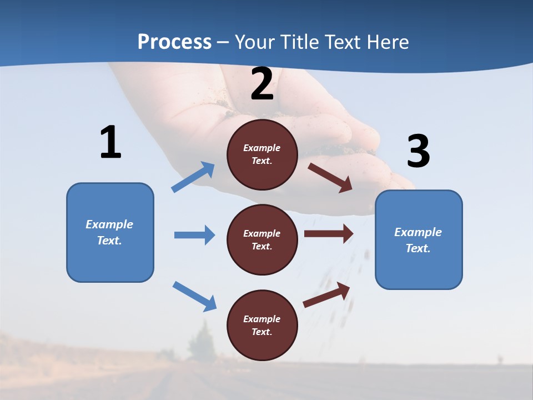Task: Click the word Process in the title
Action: [x=174, y=42]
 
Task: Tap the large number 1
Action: [x=110, y=143]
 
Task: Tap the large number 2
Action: [x=262, y=84]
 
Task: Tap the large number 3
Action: [x=418, y=151]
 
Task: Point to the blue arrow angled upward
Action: [x=193, y=177]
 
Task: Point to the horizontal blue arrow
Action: [x=194, y=235]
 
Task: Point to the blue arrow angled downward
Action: [x=194, y=296]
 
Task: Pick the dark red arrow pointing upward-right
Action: [x=326, y=295]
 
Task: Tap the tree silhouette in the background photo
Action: [x=201, y=342]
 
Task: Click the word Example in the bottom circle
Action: [x=262, y=319]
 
